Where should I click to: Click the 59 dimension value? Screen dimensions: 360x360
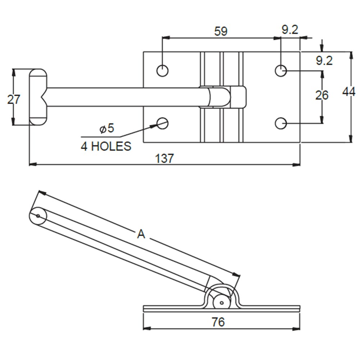(x=221, y=31)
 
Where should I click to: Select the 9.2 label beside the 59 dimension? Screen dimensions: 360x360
(x=290, y=30)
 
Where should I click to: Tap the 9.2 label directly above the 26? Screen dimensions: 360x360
(x=324, y=61)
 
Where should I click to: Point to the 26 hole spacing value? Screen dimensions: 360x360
(x=321, y=95)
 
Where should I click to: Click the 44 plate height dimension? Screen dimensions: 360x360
(x=348, y=92)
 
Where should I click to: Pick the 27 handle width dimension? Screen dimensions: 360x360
(x=14, y=99)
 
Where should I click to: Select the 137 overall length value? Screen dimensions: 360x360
(x=165, y=158)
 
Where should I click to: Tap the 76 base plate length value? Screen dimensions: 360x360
(x=218, y=322)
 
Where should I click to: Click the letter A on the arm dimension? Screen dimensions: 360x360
(x=141, y=234)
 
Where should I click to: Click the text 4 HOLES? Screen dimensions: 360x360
(x=106, y=147)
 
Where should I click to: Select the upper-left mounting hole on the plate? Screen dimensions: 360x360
(x=162, y=71)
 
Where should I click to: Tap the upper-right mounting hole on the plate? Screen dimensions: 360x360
(x=281, y=71)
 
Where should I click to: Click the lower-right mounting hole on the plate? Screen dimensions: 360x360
(x=281, y=123)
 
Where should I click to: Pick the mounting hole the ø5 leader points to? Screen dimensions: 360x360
(x=162, y=123)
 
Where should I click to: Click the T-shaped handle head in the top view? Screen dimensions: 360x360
(x=38, y=97)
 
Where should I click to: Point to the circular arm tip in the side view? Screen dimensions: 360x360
(x=38, y=216)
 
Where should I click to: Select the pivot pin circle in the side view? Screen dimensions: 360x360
(x=221, y=302)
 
